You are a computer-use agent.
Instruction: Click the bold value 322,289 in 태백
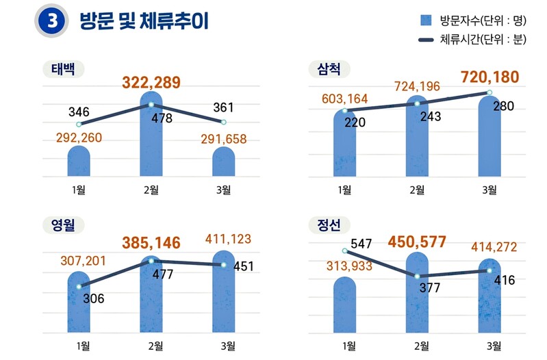tap(151, 83)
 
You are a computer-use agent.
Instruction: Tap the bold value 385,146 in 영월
tap(151, 242)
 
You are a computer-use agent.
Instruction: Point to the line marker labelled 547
tap(344, 251)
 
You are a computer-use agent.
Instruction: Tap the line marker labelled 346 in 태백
tap(79, 125)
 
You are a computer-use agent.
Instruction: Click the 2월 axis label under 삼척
tap(417, 190)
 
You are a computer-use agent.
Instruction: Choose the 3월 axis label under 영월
tap(224, 346)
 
